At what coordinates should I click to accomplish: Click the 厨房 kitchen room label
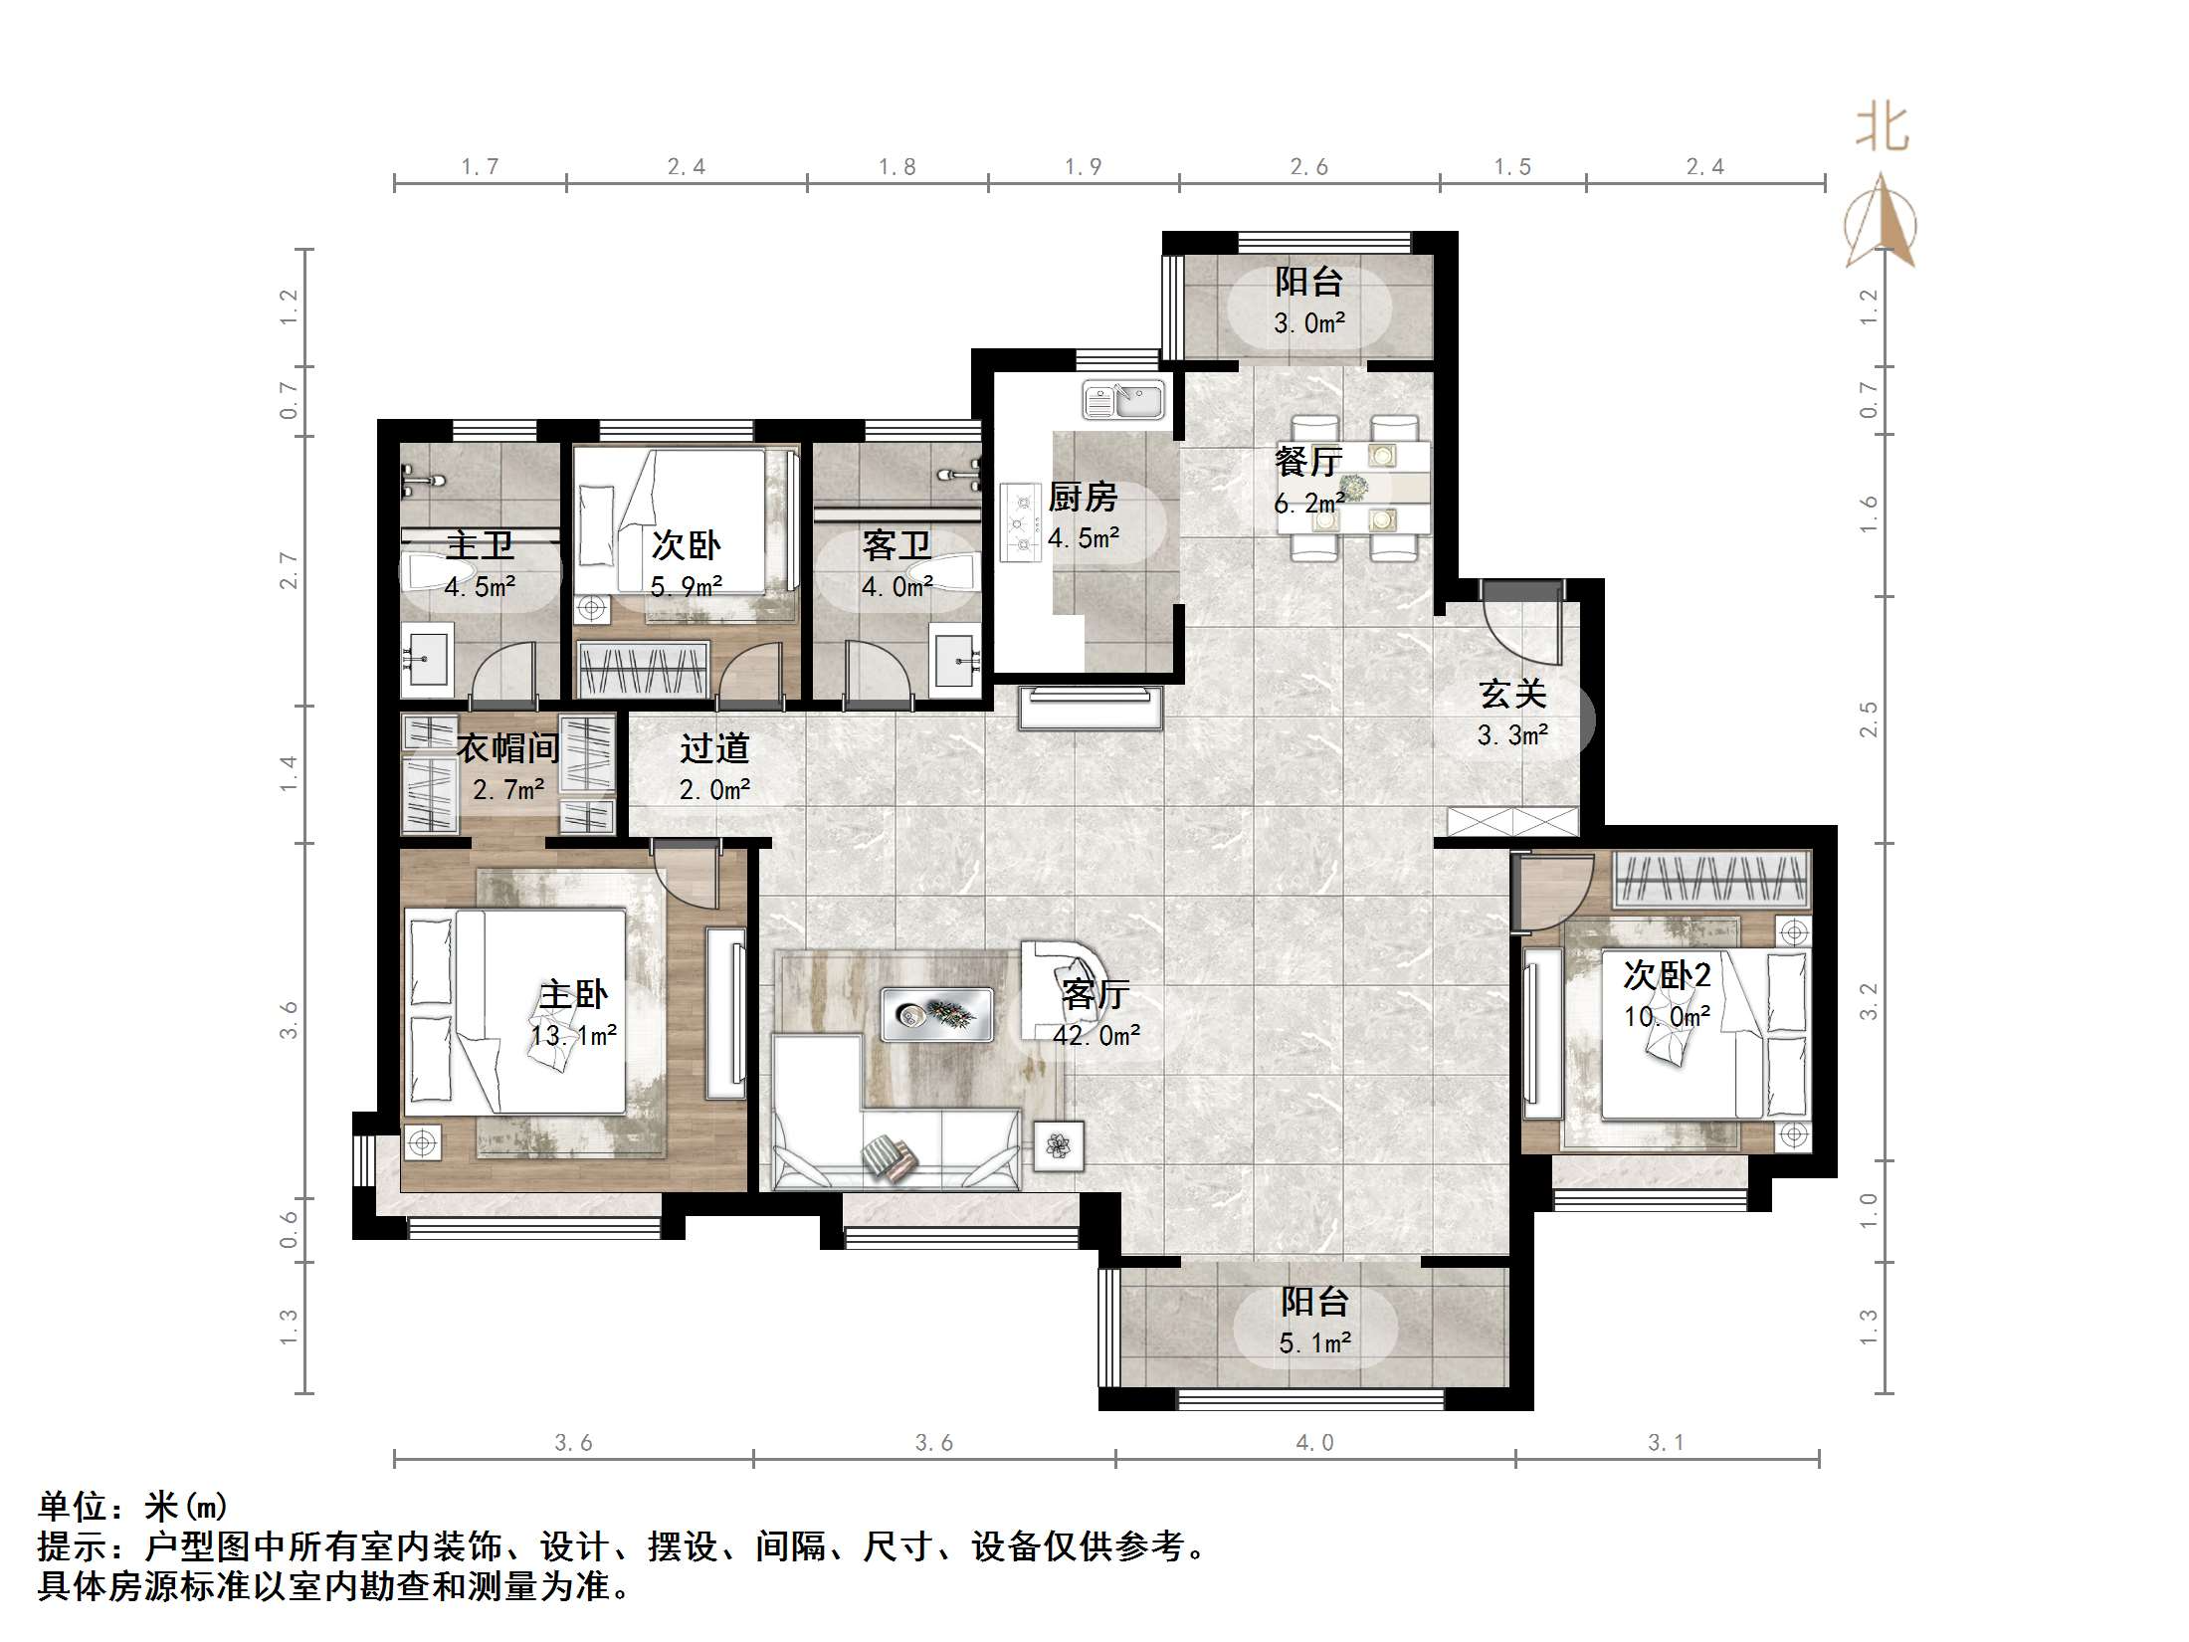tap(1083, 497)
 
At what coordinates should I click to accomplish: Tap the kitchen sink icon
tap(1123, 401)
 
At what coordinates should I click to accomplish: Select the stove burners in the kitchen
tap(1020, 522)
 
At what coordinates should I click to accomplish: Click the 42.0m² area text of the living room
tap(1096, 1036)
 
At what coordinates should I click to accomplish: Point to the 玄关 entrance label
tap(1512, 695)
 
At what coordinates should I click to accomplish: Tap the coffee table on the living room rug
tap(937, 1014)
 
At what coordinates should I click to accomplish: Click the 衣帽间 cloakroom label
tap(507, 748)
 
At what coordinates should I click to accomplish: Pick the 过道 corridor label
tap(714, 748)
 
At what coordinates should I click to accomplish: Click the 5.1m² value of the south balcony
tap(1314, 1343)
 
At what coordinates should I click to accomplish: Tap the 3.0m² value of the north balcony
tap(1309, 323)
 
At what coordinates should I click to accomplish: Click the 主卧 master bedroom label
tap(573, 994)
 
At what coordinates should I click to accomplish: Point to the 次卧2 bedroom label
tap(1667, 975)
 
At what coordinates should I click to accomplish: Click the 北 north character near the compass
tap(1882, 129)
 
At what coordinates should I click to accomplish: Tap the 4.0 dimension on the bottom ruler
tap(1314, 1442)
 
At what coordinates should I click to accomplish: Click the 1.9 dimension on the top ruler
tap(1083, 167)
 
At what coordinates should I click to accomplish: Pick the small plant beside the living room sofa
tap(1058, 1145)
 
